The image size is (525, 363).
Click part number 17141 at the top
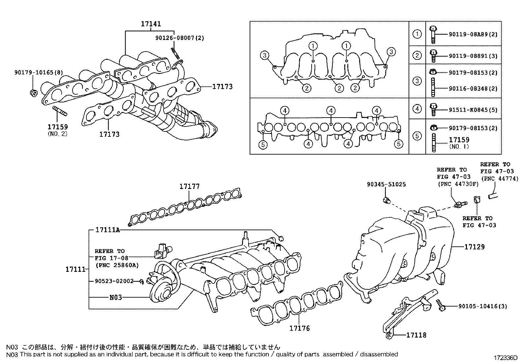pos(151,24)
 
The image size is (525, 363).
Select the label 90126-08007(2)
pos(180,38)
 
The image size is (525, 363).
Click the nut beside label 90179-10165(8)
pos(33,93)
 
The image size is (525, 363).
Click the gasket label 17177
pos(189,187)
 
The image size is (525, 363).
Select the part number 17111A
pos(108,230)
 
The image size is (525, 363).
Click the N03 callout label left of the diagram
pos(115,297)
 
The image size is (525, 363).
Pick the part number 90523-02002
pos(114,281)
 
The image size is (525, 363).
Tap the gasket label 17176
pos(299,328)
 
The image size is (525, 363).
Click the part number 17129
pos(475,247)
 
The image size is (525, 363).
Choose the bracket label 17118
pos(416,335)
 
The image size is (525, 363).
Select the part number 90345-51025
pos(386,185)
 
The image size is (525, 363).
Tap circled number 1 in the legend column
pos(417,34)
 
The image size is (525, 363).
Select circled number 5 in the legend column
pos(417,136)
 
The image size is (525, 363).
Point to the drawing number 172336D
pos(506,358)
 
